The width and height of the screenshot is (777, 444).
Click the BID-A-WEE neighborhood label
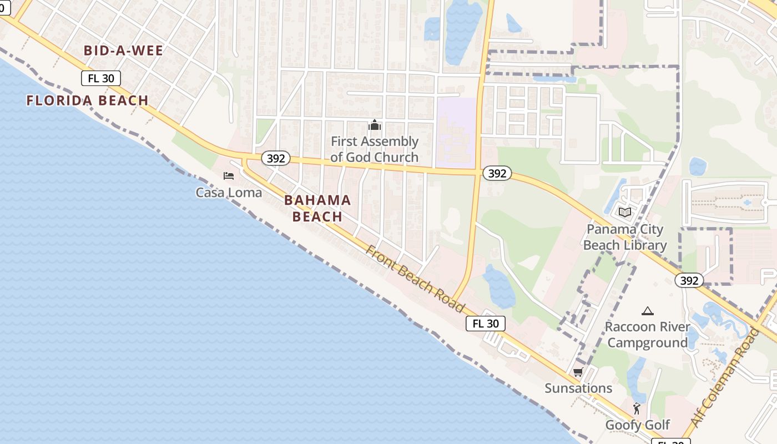123,51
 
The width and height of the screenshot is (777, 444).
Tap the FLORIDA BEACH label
88,100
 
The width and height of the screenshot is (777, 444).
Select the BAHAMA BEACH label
317,208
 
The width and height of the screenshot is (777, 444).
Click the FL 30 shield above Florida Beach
101,78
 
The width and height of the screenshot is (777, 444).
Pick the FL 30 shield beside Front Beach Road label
486,324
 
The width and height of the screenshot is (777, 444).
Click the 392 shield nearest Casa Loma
275,158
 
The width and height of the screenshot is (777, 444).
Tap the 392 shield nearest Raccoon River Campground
689,280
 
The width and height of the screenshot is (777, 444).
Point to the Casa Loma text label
229,193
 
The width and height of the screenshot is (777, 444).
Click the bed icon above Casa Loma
229,176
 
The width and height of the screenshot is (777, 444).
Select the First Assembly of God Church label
375,149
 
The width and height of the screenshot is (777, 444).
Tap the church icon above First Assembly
375,125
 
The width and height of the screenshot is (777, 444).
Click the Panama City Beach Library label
625,237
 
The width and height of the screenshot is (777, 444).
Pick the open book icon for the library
625,212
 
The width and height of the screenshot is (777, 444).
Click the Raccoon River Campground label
647,335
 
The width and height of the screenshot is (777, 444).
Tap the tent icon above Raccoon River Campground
647,311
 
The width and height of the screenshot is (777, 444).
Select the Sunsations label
578,388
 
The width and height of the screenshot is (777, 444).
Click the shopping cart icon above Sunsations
578,372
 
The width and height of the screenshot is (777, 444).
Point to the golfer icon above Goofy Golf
637,409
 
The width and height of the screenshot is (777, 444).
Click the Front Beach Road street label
415,278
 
